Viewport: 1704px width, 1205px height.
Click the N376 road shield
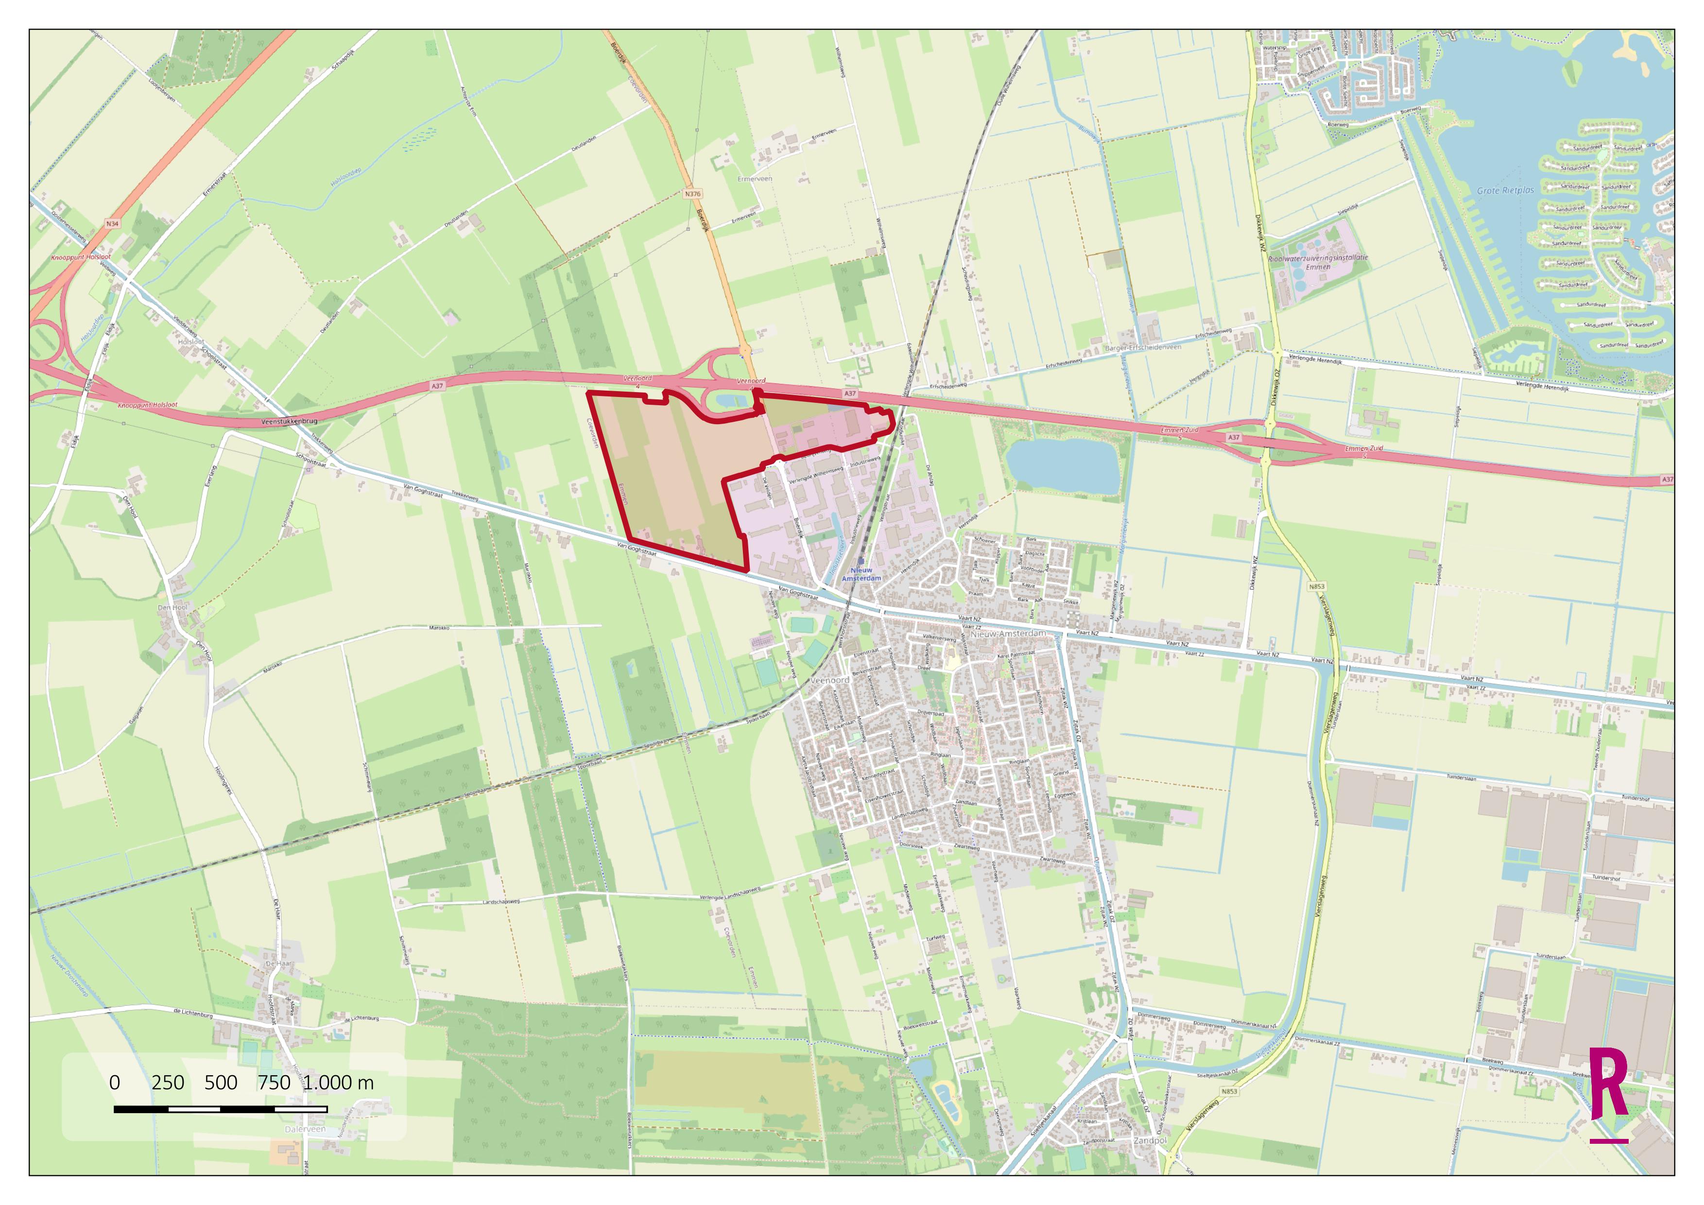pyautogui.click(x=692, y=194)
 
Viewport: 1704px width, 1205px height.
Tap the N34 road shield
pyautogui.click(x=112, y=224)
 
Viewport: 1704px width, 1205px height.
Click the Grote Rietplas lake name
pyautogui.click(x=1505, y=190)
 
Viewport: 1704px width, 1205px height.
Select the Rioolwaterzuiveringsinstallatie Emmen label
pyautogui.click(x=1318, y=262)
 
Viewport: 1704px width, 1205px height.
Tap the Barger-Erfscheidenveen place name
pyautogui.click(x=1143, y=347)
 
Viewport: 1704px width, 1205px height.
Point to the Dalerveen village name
pyautogui.click(x=305, y=1129)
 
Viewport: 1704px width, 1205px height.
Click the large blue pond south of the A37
pyautogui.click(x=1061, y=465)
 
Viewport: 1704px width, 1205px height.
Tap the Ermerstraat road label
pyautogui.click(x=215, y=185)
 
